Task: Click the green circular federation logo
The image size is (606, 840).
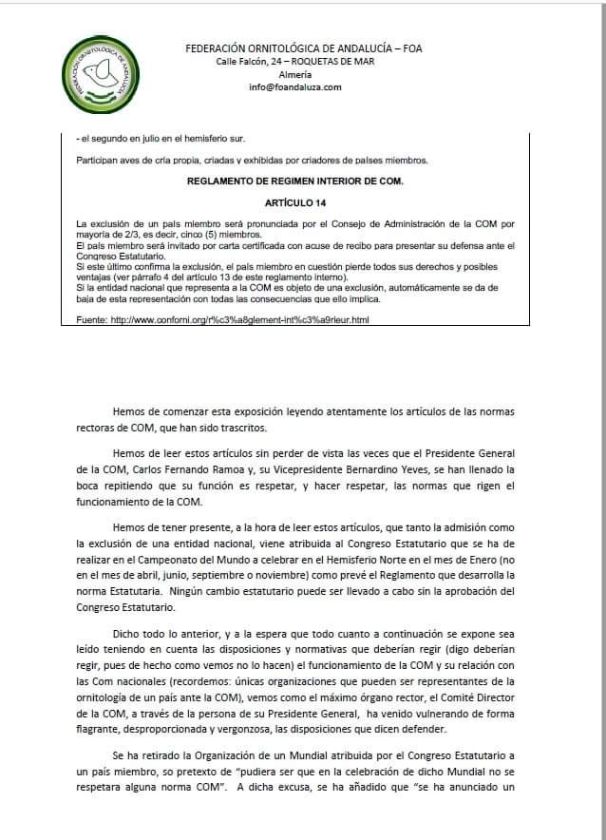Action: click(105, 76)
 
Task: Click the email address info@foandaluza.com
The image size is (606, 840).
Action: click(295, 87)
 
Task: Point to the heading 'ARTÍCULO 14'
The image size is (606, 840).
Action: click(300, 203)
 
